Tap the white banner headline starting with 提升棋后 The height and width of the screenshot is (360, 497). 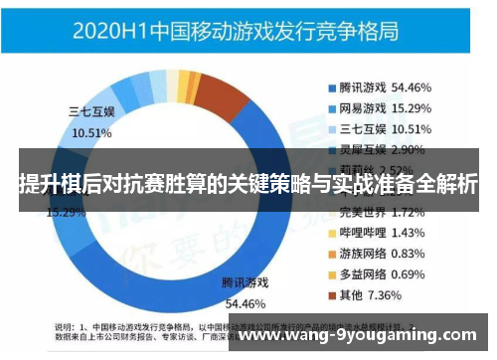tap(248, 185)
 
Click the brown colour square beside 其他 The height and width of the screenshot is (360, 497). tap(331, 295)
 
